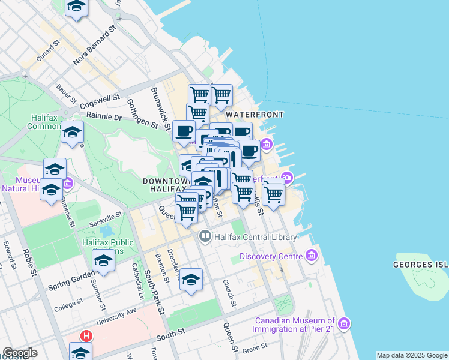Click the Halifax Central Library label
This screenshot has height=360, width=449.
pos(255,237)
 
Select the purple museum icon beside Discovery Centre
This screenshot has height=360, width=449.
pos(311,257)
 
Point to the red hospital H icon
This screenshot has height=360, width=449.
pos(87,337)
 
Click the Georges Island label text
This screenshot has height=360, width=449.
pos(421,264)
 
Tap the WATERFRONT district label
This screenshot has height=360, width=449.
pos(254,114)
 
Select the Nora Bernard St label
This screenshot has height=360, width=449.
pos(94,46)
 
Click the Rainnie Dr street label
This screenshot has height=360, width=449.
pos(104,116)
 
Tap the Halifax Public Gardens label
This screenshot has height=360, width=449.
pos(108,247)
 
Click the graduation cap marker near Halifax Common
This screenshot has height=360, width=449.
pos(73,133)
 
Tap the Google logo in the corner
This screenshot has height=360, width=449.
pos(20,353)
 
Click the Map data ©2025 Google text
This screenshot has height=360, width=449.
pos(412,355)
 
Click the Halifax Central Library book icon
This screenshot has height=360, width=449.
pos(205,237)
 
